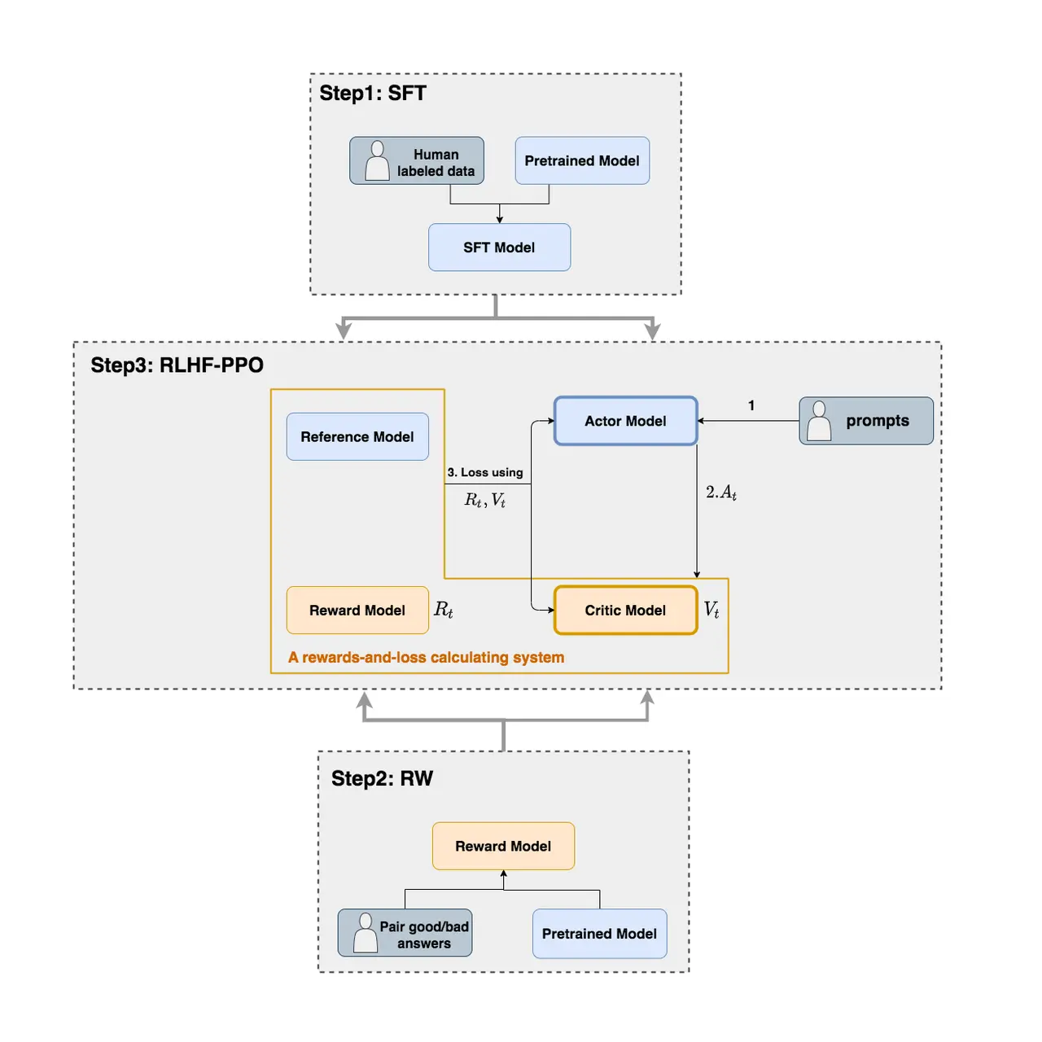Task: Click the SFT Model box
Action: (499, 247)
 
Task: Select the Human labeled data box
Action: (416, 160)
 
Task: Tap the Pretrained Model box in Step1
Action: (582, 160)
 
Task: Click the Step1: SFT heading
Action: (373, 93)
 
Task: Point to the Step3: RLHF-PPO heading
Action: (177, 365)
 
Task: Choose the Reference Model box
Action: (357, 436)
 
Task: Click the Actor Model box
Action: (626, 421)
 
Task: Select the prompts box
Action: (865, 421)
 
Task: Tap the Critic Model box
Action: (626, 610)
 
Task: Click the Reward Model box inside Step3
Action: (357, 610)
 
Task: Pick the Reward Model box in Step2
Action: (503, 846)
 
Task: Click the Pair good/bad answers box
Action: (405, 932)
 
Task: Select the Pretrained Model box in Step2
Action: (599, 933)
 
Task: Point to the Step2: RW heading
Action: (382, 778)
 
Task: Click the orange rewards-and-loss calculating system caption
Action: (426, 657)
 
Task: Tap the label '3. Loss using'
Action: (485, 472)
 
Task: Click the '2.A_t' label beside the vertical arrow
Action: (720, 492)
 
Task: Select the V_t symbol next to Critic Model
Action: (711, 610)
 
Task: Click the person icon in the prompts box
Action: (819, 420)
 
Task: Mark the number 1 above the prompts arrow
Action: (751, 405)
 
